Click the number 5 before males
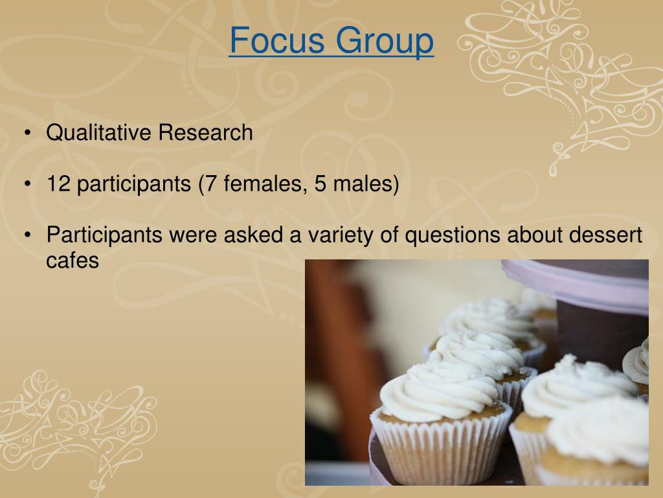tap(320, 184)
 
